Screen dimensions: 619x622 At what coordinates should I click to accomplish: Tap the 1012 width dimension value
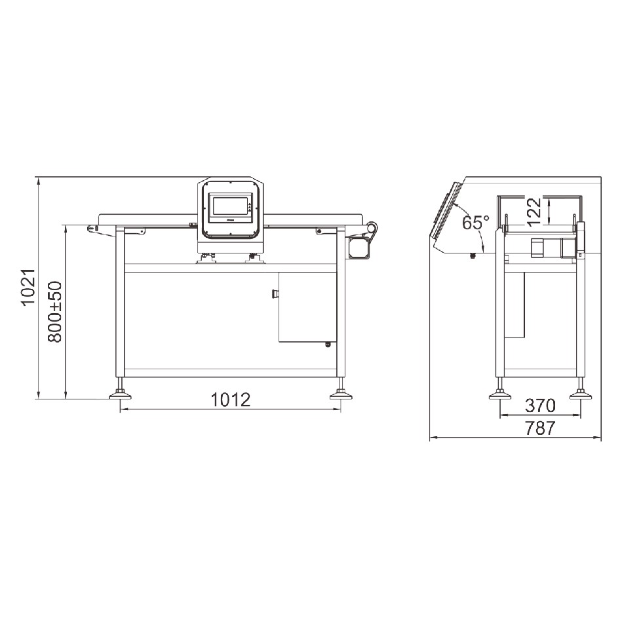click(x=230, y=400)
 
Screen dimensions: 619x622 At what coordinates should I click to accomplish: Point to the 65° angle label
click(x=476, y=223)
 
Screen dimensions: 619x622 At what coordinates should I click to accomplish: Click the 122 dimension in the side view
click(x=535, y=211)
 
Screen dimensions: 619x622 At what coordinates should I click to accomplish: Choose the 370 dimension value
click(x=541, y=404)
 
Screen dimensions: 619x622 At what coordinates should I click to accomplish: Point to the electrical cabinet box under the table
click(x=307, y=307)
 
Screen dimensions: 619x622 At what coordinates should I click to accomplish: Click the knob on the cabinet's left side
click(x=275, y=294)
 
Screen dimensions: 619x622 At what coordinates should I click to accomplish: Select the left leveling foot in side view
click(x=500, y=394)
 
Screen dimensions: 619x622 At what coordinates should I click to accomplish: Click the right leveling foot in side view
click(x=580, y=394)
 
